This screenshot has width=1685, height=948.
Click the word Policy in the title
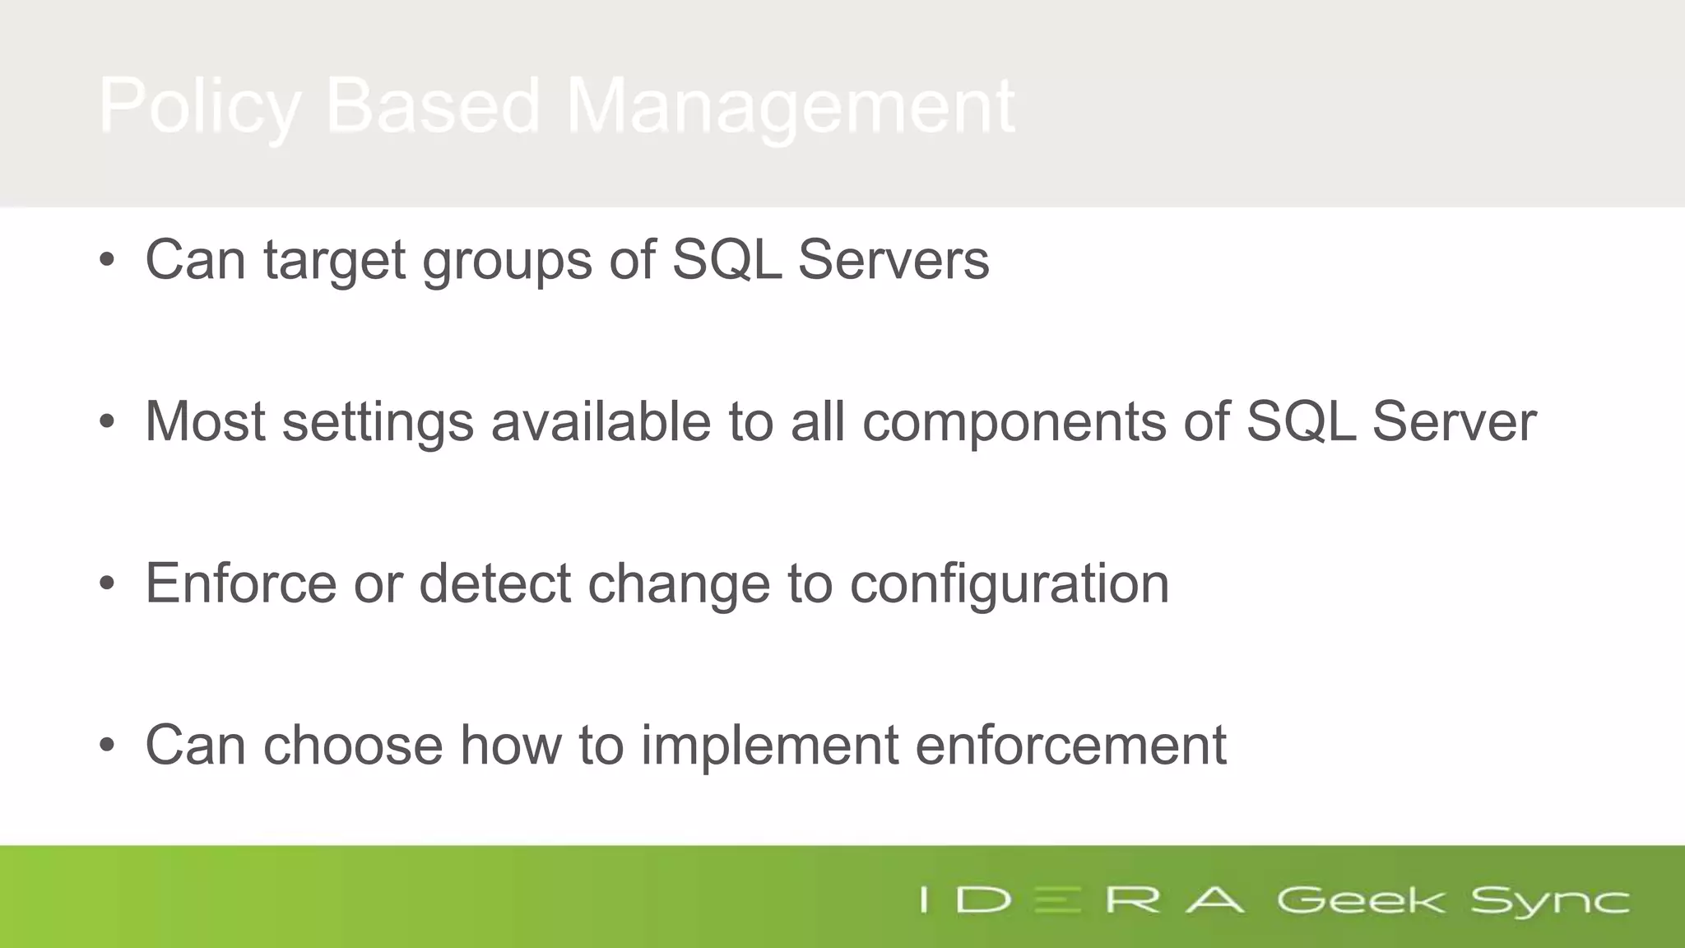[199, 107]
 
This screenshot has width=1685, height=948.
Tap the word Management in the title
[790, 107]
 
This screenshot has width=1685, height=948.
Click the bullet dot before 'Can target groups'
[107, 260]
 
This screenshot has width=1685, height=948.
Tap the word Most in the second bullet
[205, 421]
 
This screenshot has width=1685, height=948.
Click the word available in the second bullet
[601, 421]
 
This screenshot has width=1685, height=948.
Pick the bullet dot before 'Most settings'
[107, 422]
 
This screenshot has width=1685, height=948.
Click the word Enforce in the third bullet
[241, 583]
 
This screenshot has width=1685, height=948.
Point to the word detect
[494, 583]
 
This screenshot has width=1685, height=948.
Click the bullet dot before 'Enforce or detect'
[107, 583]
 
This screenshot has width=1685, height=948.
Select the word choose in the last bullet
[353, 746]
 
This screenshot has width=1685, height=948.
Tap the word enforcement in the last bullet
[1070, 746]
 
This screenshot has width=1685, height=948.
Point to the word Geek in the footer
[1360, 900]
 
